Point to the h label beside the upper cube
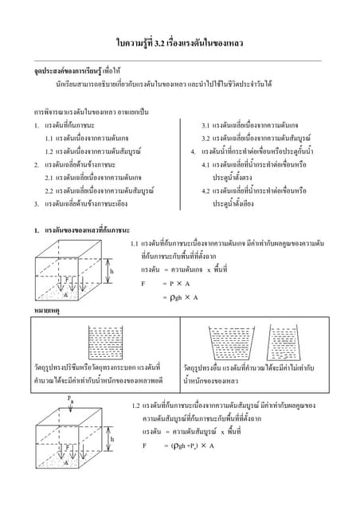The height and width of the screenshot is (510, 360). [111, 271]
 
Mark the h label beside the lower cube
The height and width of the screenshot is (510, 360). [111, 438]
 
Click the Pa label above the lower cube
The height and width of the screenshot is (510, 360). [72, 398]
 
